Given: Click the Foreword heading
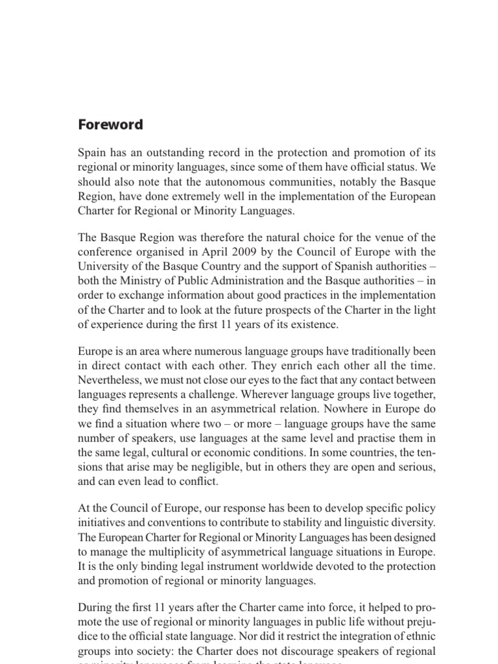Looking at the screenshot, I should (110, 124).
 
